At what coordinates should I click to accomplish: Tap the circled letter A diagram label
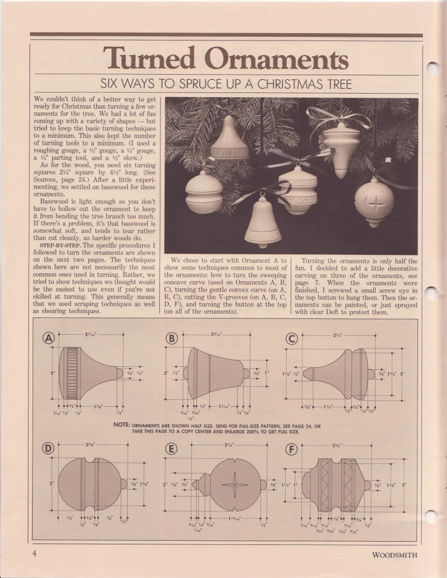(x=50, y=339)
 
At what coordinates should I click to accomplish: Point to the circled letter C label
(x=293, y=339)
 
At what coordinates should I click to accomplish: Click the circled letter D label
(x=49, y=449)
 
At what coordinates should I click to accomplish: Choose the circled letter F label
(x=293, y=449)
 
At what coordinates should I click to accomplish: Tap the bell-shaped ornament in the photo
(x=263, y=223)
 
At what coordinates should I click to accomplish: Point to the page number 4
(x=33, y=554)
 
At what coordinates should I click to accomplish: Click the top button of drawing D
(x=124, y=484)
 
